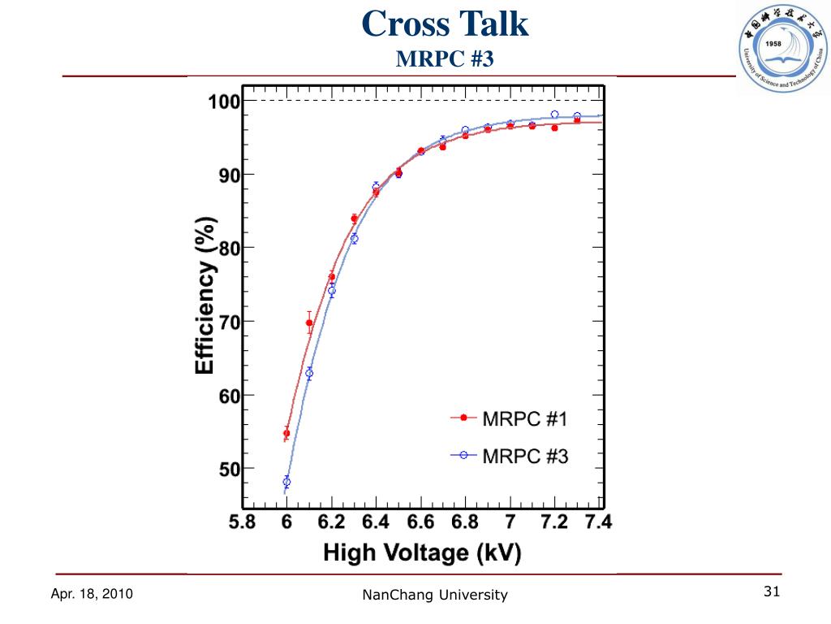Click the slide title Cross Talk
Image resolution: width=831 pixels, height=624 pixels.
pos(445,24)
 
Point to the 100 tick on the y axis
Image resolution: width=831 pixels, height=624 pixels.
pos(223,102)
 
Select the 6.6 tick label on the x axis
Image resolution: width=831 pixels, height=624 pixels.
pos(420,522)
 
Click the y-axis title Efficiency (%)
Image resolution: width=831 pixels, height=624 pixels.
pos(205,295)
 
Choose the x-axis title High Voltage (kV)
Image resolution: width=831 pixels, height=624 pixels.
pos(422,554)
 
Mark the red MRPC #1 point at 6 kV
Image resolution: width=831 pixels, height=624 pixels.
pos(286,433)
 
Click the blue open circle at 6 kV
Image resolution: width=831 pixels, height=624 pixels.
pos(286,482)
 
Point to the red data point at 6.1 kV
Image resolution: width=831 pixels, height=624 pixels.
pos(309,323)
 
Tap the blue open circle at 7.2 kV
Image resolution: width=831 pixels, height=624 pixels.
pos(555,115)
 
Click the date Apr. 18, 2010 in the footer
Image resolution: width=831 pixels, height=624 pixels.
pos(92,595)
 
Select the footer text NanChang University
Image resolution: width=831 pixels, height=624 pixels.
pos(435,596)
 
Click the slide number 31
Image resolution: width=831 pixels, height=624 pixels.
pos(772,592)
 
